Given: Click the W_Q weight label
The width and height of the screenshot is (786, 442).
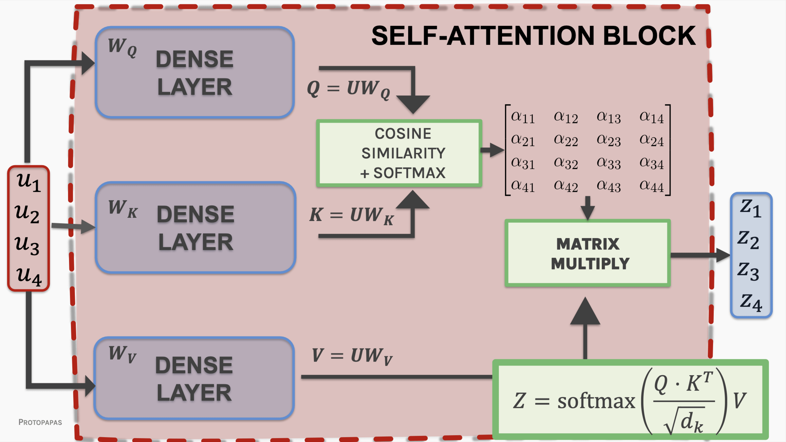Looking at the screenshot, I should coord(122,47).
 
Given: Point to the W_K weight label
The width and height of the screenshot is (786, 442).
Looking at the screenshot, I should coord(123,209).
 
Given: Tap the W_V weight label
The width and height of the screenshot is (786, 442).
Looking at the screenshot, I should coord(122,355).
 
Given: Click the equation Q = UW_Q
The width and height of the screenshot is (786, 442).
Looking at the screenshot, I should coord(348,89).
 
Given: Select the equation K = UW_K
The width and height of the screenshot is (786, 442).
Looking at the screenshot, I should coord(351,216).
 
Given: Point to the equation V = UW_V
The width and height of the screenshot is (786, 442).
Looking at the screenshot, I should coord(352,356).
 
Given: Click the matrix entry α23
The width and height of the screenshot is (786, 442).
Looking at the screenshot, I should coord(608,140).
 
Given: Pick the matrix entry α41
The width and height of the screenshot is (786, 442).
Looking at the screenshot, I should coord(523,186).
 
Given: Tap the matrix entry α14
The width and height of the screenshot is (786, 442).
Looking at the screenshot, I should coord(651,117).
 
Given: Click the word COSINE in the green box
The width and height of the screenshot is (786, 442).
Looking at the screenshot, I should coord(403,134).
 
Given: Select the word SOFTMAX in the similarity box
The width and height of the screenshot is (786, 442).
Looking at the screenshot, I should coord(409,173).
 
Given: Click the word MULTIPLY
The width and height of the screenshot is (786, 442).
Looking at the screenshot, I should coord(590,264).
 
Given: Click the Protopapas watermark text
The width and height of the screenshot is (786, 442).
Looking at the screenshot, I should coord(40,422).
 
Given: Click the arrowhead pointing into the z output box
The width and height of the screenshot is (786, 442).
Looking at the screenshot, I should coord(722,255).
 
